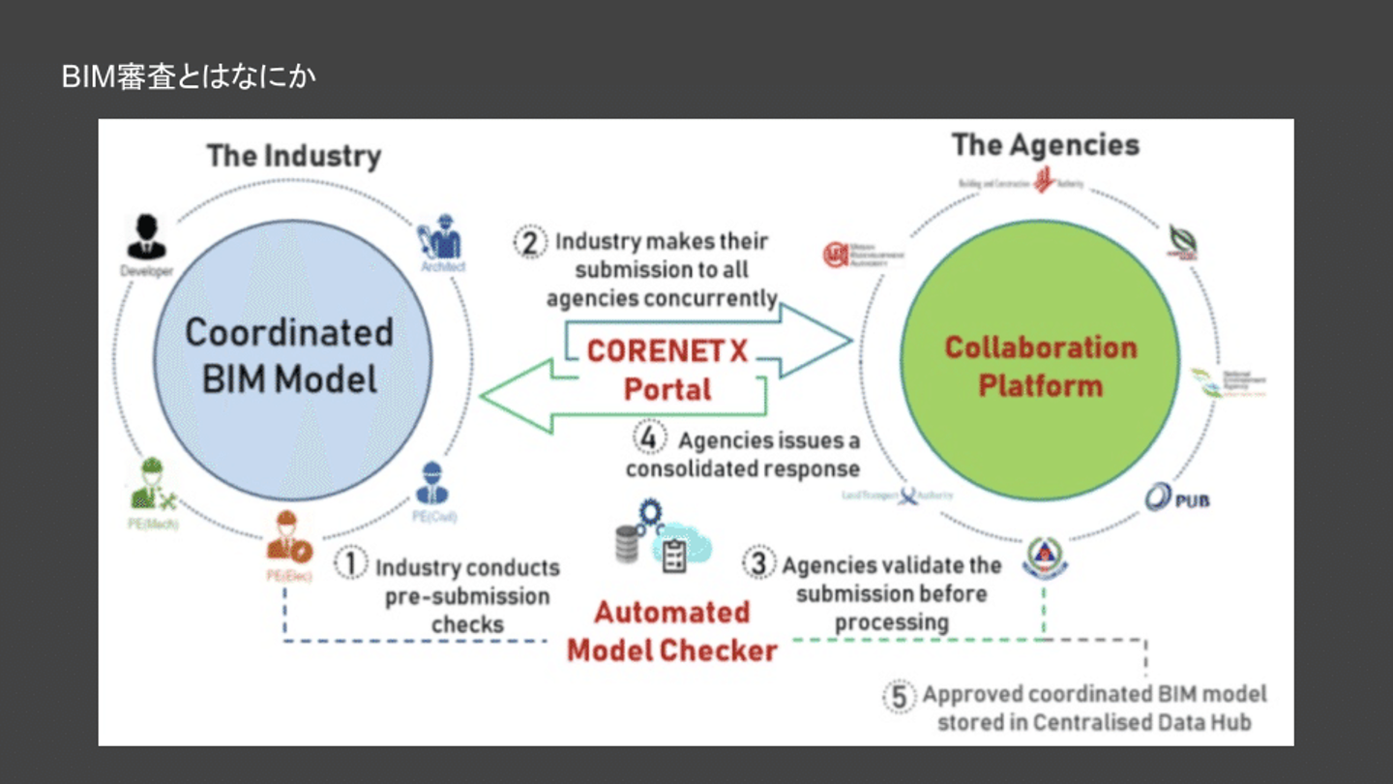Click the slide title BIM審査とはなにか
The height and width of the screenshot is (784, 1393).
(x=189, y=77)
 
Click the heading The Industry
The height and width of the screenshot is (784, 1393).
(x=294, y=156)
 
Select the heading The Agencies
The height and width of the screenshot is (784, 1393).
(x=1045, y=145)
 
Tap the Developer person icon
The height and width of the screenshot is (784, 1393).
(x=146, y=238)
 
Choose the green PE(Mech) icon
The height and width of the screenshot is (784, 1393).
(x=151, y=485)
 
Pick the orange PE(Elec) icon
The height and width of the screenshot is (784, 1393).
(x=288, y=538)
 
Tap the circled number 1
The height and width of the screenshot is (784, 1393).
(x=351, y=563)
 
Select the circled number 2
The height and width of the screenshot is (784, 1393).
(x=530, y=240)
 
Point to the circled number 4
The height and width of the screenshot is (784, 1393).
(x=650, y=438)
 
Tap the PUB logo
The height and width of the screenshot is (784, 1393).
(x=1176, y=498)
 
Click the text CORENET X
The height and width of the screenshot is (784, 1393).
(x=667, y=351)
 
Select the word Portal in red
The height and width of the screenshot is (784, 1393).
(x=667, y=389)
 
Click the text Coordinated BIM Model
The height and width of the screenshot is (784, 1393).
(x=289, y=355)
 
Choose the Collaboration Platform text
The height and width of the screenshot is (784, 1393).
(x=1040, y=366)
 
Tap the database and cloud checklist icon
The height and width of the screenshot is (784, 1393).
(x=663, y=542)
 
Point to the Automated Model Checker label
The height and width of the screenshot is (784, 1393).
(x=672, y=631)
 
